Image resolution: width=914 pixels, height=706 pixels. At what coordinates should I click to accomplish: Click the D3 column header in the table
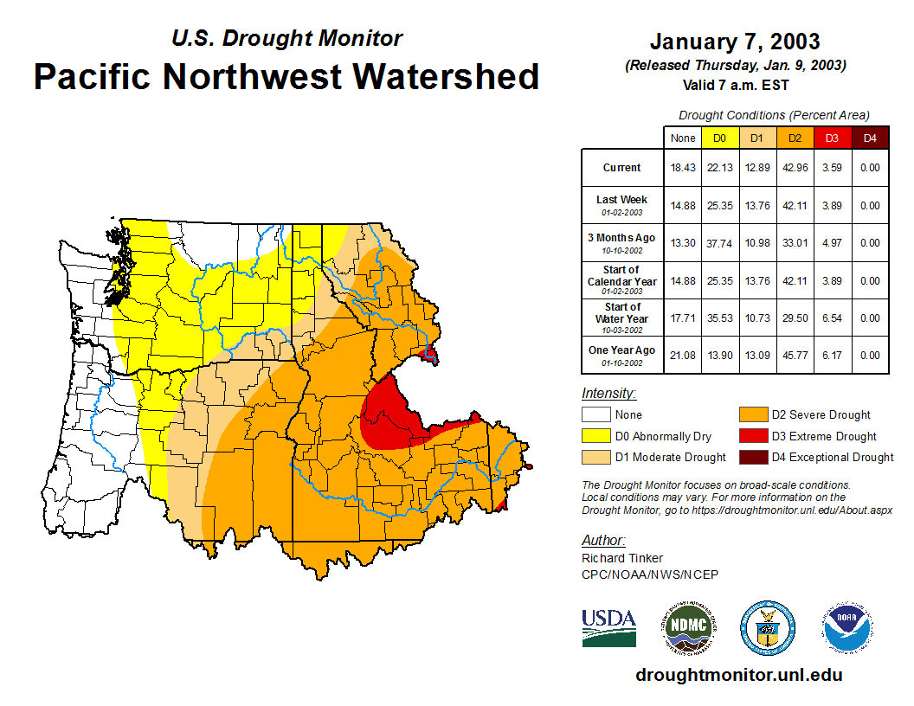[x=831, y=138]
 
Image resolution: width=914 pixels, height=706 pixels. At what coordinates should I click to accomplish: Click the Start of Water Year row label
[x=622, y=318]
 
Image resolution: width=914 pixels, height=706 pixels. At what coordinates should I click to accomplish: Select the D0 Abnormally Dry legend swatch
[x=595, y=436]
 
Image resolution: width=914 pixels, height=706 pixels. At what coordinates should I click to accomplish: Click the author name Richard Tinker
[x=622, y=558]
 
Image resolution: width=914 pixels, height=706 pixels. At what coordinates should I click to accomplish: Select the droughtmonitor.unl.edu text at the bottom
[x=738, y=675]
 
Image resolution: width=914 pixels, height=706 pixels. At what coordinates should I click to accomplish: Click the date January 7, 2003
[x=735, y=42]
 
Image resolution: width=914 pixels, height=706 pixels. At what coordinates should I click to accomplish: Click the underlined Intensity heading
[x=608, y=394]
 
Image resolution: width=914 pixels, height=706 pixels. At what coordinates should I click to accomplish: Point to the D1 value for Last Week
[x=756, y=206]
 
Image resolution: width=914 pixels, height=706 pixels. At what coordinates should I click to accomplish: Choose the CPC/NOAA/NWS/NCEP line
[x=649, y=574]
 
